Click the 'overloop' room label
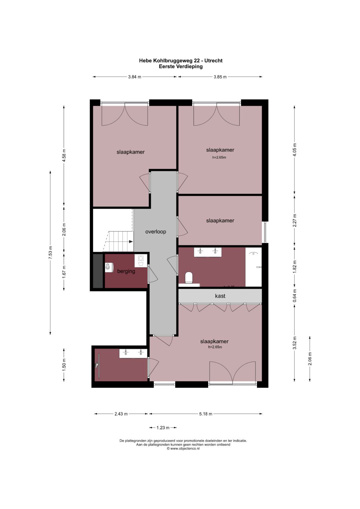[x=155, y=232]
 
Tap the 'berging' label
[x=126, y=271]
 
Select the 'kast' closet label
[x=220, y=296]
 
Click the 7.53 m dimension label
[x=50, y=252]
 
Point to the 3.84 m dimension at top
[x=134, y=77]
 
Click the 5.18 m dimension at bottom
[x=206, y=414]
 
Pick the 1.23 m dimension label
[x=163, y=428]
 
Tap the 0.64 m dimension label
[x=294, y=296]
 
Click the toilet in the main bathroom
[x=189, y=277]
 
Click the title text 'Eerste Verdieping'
[x=181, y=66]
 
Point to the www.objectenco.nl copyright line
[x=183, y=449]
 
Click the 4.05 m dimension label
[x=294, y=150]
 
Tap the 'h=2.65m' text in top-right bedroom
[x=219, y=158]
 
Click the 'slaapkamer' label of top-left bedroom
[x=130, y=152]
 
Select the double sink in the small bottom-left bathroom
[x=133, y=353]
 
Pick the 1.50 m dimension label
[x=64, y=365]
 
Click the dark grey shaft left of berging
[x=98, y=271]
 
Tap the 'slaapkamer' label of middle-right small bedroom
[x=220, y=221]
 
